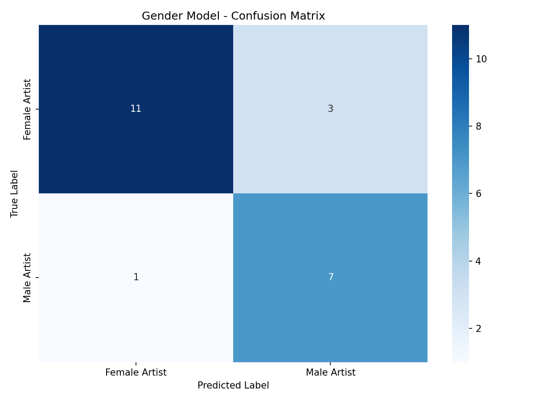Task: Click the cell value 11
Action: pyautogui.click(x=136, y=109)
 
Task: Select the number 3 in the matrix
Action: pyautogui.click(x=330, y=109)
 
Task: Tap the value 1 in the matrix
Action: pyautogui.click(x=136, y=277)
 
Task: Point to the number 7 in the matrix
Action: pyautogui.click(x=330, y=277)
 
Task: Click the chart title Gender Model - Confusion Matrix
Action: pyautogui.click(x=233, y=16)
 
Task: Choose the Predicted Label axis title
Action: pyautogui.click(x=233, y=385)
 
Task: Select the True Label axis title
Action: pyautogui.click(x=15, y=193)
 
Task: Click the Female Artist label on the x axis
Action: pyautogui.click(x=136, y=372)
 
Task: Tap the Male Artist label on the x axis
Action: pyautogui.click(x=330, y=372)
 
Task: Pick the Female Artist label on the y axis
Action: pyautogui.click(x=28, y=109)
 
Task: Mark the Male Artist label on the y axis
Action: pyautogui.click(x=28, y=278)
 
